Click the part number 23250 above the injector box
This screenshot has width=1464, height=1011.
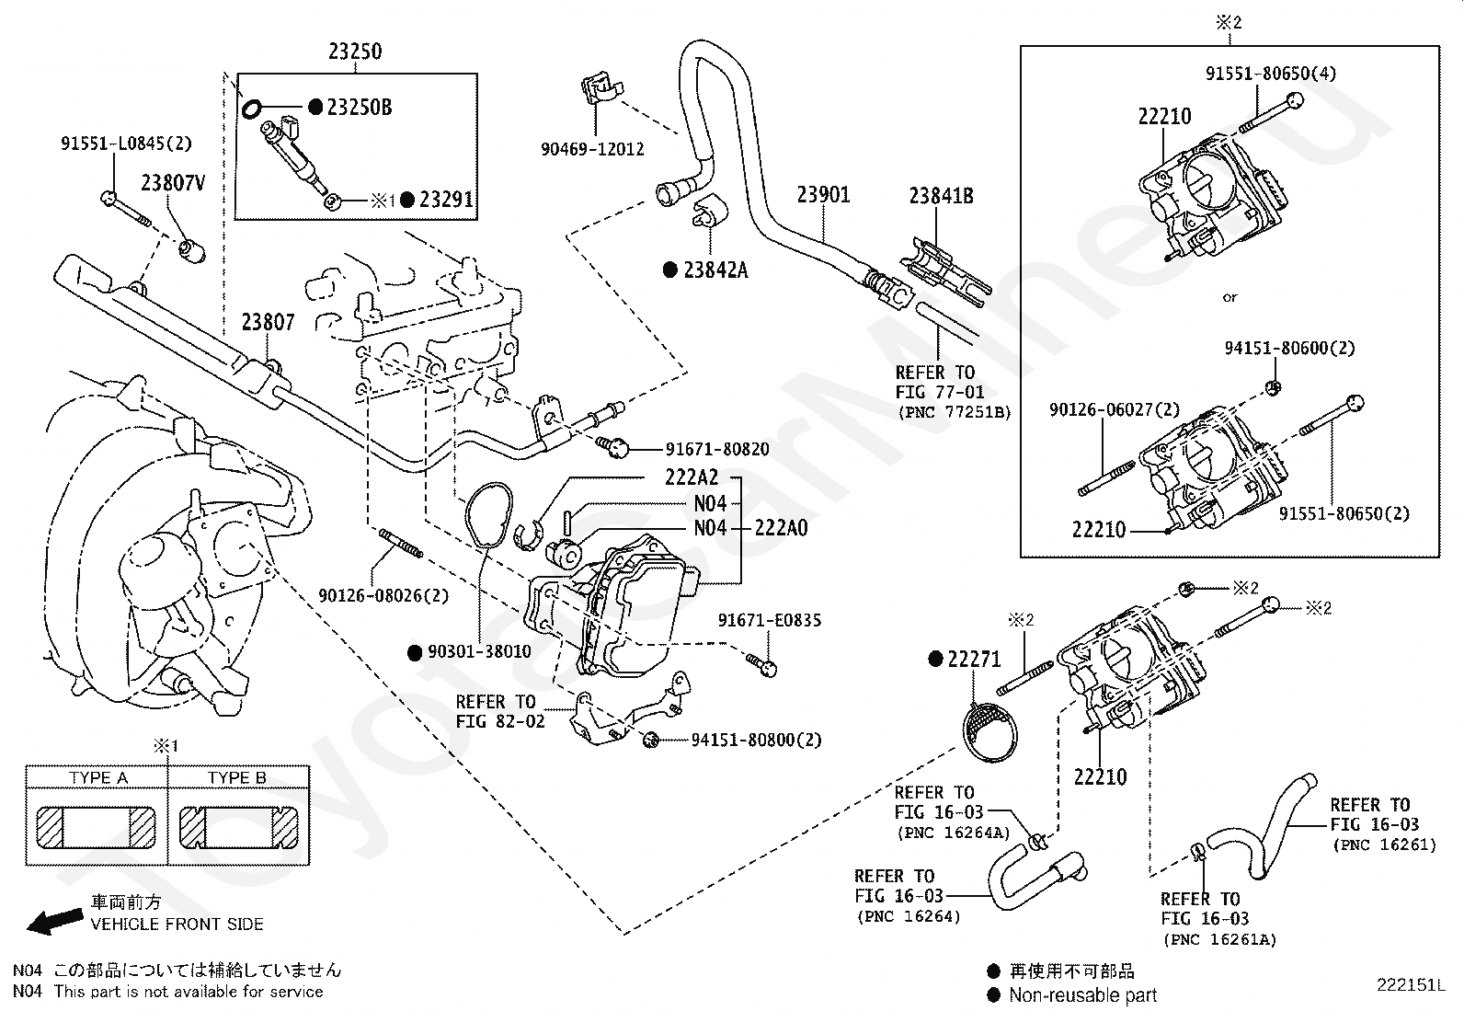tap(355, 51)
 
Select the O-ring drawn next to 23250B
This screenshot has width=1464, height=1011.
tap(251, 109)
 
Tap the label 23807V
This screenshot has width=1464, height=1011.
tap(173, 183)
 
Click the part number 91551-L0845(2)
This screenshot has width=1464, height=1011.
tap(126, 144)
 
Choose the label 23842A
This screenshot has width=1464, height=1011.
tap(715, 270)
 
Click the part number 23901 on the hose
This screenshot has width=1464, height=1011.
tap(824, 195)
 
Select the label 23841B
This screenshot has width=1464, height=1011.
tap(941, 196)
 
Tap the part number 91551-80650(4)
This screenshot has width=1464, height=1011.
tap(1271, 74)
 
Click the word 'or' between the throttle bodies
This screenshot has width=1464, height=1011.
tap(1230, 297)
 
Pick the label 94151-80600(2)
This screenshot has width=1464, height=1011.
tap(1290, 348)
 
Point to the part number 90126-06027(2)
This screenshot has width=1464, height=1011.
tap(1115, 409)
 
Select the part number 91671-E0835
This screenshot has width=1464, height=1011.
tap(770, 620)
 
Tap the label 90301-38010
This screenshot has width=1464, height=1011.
tap(479, 651)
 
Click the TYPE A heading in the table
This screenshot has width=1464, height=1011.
tap(98, 777)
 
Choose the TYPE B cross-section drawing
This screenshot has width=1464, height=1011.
tap(238, 828)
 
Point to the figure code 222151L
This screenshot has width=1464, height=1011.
tap(1411, 985)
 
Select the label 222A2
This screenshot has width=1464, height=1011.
tap(692, 477)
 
